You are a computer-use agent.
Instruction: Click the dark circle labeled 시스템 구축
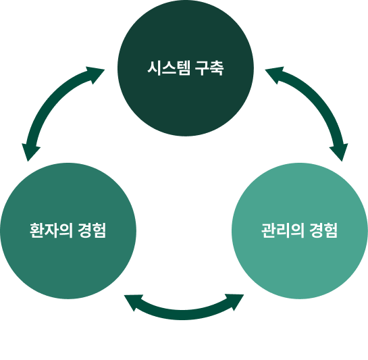click(186, 68)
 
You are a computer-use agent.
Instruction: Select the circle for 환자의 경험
click(68, 231)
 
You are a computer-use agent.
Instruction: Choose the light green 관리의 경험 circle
click(300, 231)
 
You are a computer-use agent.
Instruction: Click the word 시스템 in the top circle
click(169, 68)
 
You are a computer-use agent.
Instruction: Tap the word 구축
click(209, 68)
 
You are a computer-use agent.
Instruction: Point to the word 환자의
click(51, 230)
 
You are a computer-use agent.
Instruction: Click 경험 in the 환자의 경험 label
click(92, 230)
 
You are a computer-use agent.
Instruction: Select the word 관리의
click(283, 230)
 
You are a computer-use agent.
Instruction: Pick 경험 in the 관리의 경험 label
click(323, 230)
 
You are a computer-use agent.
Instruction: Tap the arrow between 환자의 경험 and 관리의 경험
click(184, 315)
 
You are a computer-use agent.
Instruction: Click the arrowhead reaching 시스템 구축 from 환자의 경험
click(95, 74)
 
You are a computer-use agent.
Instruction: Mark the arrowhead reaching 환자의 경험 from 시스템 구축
click(30, 151)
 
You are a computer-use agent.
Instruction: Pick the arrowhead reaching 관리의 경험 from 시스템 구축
click(340, 151)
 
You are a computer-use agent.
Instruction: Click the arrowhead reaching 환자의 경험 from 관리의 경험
click(133, 302)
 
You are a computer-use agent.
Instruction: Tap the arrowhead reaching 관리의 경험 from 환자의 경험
click(235, 301)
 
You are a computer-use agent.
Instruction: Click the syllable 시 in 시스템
click(154, 68)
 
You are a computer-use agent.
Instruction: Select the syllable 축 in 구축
click(217, 68)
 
